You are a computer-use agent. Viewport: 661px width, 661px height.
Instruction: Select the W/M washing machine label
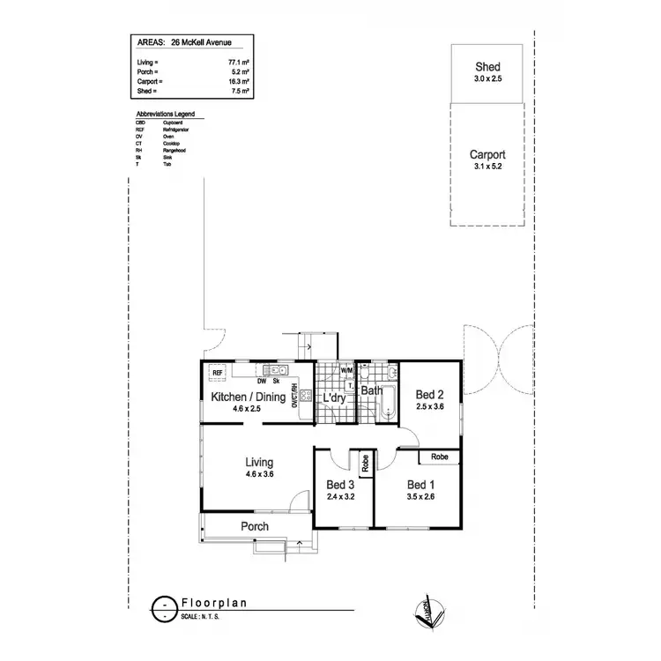tap(345, 372)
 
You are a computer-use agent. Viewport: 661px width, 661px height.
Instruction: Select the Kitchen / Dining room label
tap(249, 397)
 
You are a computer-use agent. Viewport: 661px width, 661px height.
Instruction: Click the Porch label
tap(255, 526)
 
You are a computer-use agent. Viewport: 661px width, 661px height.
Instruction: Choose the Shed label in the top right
tap(487, 67)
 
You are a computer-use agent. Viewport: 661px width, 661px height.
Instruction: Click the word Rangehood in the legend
tap(175, 151)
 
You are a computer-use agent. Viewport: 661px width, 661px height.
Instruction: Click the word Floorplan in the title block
tap(213, 604)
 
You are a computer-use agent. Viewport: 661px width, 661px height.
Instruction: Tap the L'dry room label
tap(334, 397)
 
